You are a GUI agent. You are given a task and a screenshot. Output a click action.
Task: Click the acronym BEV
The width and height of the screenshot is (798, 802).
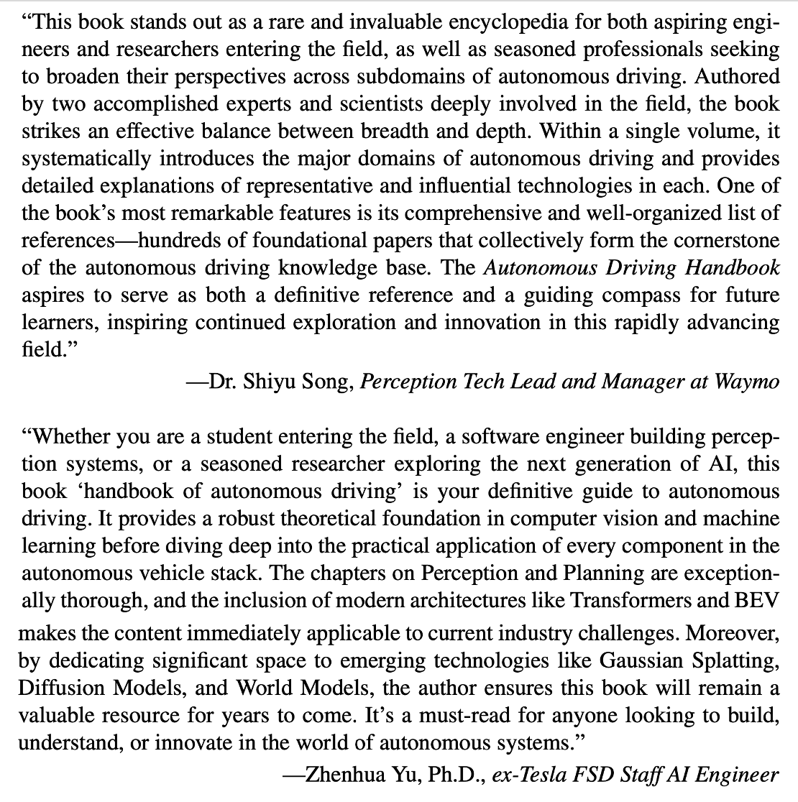760,601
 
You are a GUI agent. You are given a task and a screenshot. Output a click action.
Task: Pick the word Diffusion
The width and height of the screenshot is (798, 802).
60,688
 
